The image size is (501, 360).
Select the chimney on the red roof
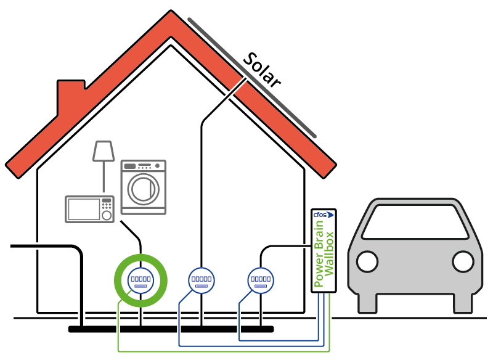click(x=71, y=92)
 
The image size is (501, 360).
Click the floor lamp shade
click(x=103, y=151)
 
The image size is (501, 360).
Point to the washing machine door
click(x=144, y=189)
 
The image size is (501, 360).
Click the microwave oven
click(x=90, y=209)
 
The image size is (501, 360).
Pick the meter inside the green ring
click(x=141, y=280)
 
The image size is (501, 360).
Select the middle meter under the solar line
click(x=201, y=280)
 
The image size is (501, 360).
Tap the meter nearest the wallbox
click(x=260, y=280)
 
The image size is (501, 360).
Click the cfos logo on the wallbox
click(x=324, y=215)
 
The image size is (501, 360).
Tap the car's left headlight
click(x=367, y=261)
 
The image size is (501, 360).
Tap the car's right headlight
click(x=462, y=261)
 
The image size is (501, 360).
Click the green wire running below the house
click(x=222, y=351)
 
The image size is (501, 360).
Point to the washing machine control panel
click(x=144, y=166)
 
